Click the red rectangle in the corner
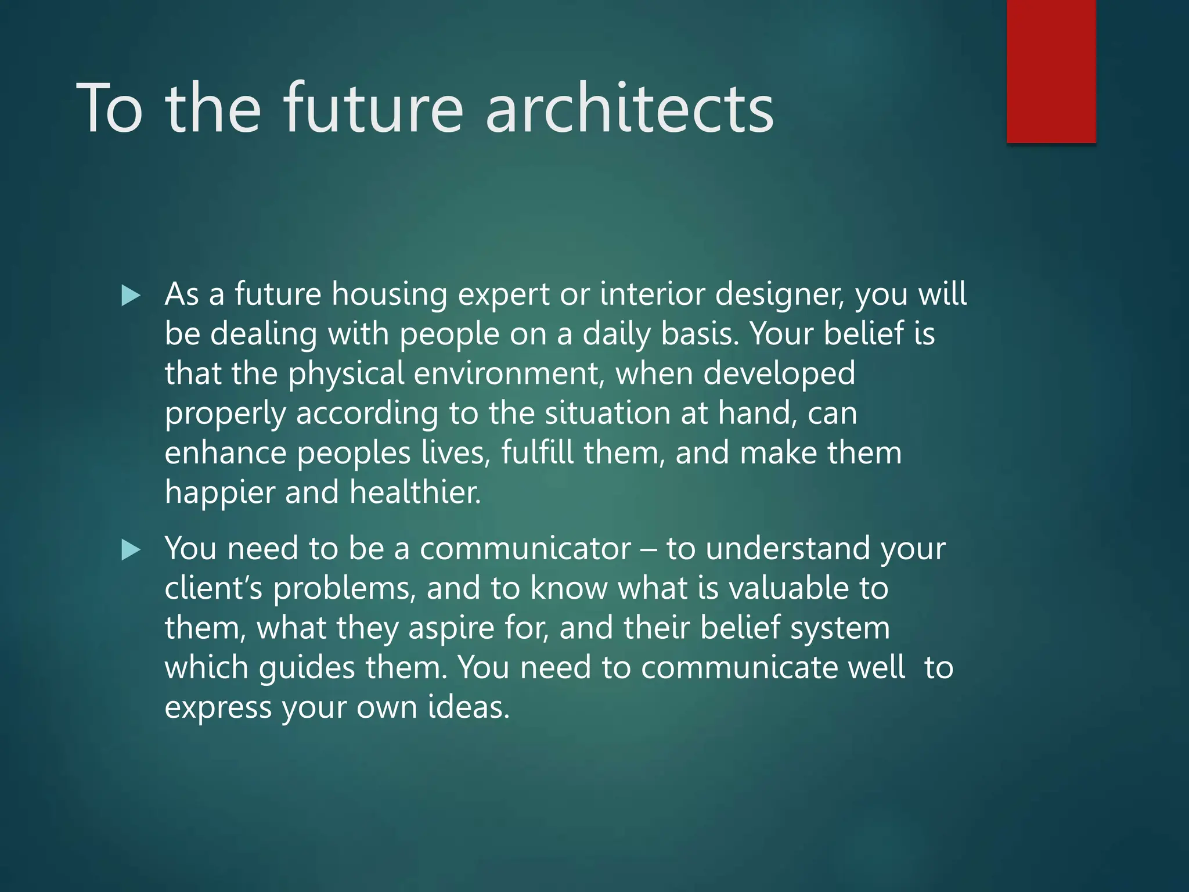point(1051,71)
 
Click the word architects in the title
point(629,109)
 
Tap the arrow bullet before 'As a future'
point(131,296)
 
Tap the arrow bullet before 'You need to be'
point(131,550)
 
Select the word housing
point(389,294)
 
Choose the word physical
point(346,374)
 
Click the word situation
point(607,413)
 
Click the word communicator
point(525,549)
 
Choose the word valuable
point(786,588)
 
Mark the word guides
point(307,668)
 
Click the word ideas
point(468,707)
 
